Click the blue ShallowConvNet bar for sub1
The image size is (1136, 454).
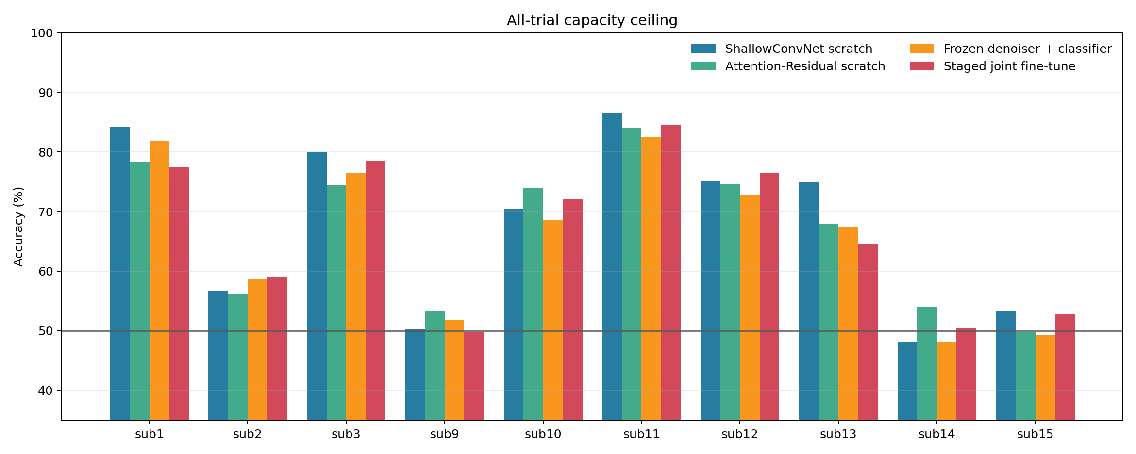(120, 273)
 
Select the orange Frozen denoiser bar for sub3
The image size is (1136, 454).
(356, 296)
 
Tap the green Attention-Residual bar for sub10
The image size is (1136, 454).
(533, 304)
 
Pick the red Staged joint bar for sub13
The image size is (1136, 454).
(868, 332)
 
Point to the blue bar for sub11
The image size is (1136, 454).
(612, 266)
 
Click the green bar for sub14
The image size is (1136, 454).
(927, 363)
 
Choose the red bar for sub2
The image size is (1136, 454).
(277, 348)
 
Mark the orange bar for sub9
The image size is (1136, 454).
(454, 370)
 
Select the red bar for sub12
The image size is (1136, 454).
(769, 296)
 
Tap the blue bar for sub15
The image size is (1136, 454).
(1005, 366)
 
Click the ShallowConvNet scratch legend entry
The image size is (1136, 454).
(782, 49)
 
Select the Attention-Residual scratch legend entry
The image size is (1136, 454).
(788, 66)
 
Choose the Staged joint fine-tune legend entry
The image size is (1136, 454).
(993, 66)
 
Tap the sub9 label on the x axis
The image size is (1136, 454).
(444, 434)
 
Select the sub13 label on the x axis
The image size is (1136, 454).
(838, 434)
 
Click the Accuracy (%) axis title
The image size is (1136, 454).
(18, 227)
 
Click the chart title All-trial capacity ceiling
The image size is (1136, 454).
(592, 20)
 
